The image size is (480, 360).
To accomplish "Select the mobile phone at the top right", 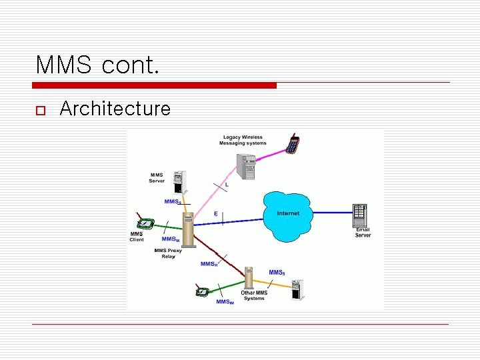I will tap(292, 143).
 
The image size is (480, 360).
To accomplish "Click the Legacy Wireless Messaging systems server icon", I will tap(246, 167).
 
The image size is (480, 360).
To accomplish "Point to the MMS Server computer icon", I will tap(178, 182).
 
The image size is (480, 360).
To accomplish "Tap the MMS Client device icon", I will tap(145, 223).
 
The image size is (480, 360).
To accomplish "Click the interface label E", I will tap(215, 213).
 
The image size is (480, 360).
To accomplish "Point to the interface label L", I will tap(227, 184).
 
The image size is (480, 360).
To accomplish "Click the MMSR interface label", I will tap(209, 264).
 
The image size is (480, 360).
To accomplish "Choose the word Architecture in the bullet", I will tap(115, 109).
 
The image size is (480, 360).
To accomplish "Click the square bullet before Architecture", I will tap(39, 109).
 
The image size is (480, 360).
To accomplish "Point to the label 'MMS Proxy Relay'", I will tap(168, 253).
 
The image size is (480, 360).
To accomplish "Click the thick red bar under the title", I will tap(154, 85).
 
